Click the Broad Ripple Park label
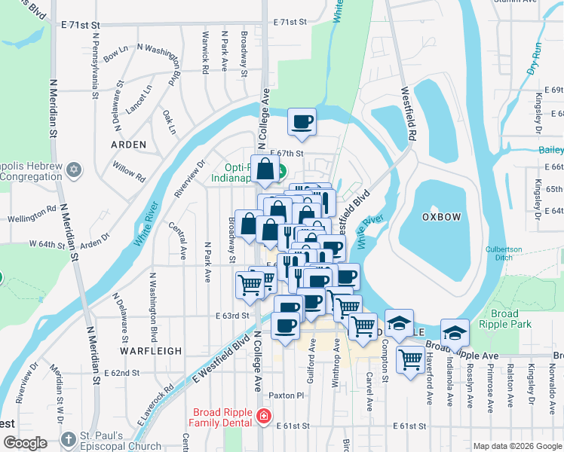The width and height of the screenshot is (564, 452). (504, 319)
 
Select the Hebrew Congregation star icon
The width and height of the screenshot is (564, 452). (73, 168)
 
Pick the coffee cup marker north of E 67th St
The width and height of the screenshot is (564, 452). (302, 122)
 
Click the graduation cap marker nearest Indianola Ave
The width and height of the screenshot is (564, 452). (455, 332)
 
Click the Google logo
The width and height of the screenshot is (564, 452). (25, 444)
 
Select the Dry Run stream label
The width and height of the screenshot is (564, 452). (536, 58)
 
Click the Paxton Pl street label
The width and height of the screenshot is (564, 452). (286, 395)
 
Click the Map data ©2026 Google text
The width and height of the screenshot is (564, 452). (518, 446)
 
